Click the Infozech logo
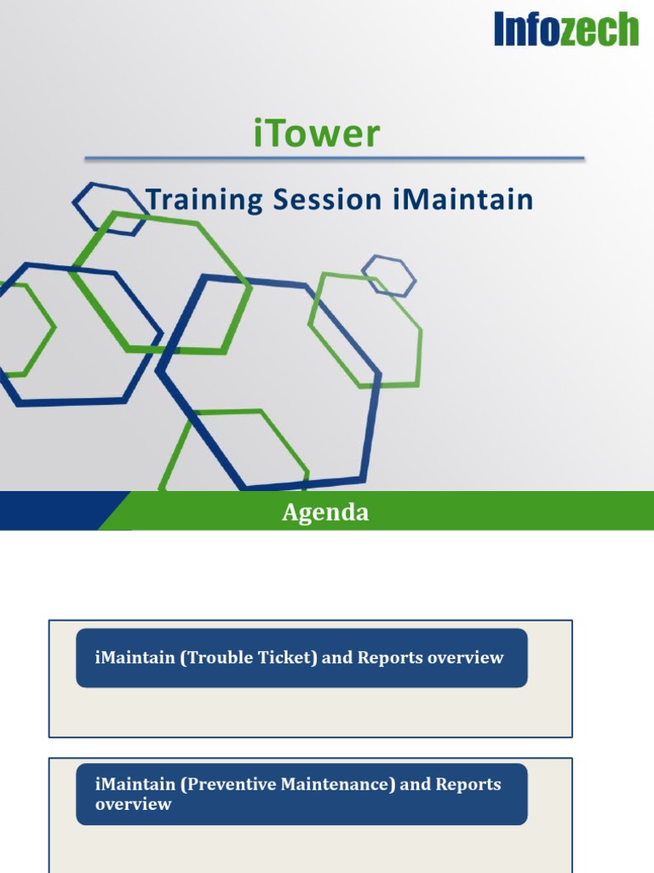565,29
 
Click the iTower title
317,135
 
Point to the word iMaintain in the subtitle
463,200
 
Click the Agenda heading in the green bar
325,512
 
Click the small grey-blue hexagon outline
388,275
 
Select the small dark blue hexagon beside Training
109,208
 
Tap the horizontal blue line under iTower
334,158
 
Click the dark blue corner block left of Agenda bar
51,511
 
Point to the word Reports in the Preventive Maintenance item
468,784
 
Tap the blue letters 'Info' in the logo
528,30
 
